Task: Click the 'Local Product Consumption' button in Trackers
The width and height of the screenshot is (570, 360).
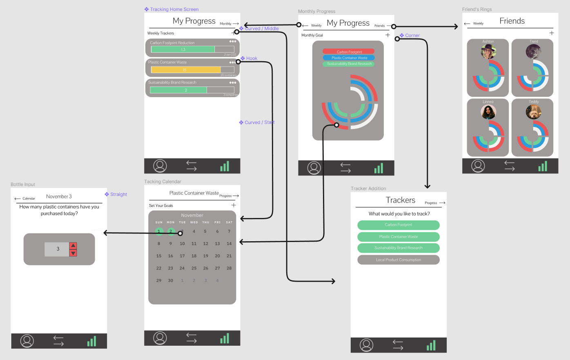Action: click(398, 260)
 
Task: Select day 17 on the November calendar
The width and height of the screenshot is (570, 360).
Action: click(182, 256)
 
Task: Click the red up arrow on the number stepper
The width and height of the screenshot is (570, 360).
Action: click(73, 246)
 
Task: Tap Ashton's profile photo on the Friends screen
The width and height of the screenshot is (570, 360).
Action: click(488, 52)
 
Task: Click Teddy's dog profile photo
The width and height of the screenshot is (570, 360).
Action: click(533, 111)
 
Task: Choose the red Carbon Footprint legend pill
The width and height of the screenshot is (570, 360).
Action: click(349, 52)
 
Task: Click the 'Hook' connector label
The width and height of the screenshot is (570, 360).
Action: click(252, 58)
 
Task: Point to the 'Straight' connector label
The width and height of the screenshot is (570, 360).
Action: click(118, 194)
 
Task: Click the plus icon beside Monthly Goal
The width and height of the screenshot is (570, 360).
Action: click(387, 35)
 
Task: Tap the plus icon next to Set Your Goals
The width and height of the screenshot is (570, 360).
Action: click(234, 205)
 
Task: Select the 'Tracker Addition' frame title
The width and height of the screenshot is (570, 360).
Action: click(368, 189)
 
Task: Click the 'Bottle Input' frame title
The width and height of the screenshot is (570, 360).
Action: click(23, 184)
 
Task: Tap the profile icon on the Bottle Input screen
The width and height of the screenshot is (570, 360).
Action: click(27, 341)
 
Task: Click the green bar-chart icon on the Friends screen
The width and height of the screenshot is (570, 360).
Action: click(543, 166)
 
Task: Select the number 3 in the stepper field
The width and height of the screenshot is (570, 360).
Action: click(58, 249)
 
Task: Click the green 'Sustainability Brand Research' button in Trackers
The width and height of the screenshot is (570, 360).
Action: click(398, 248)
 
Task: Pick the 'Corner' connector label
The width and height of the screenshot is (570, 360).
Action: click(412, 36)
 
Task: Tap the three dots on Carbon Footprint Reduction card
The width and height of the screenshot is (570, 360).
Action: click(233, 41)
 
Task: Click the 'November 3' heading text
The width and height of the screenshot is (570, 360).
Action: click(59, 196)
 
